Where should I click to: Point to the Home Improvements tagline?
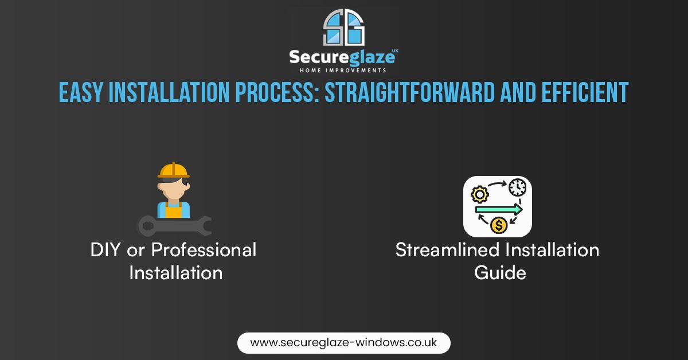(x=343, y=71)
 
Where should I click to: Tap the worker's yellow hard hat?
(x=173, y=170)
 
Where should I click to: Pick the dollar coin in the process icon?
(x=498, y=226)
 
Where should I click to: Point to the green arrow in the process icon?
(x=498, y=209)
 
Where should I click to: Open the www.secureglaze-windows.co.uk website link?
(x=344, y=343)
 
